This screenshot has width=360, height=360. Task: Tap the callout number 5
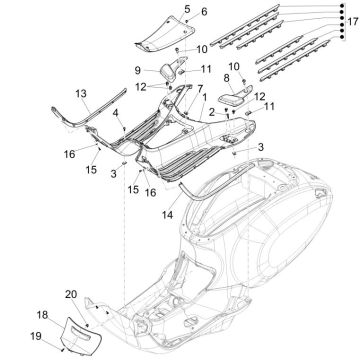185,8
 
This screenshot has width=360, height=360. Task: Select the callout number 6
205,12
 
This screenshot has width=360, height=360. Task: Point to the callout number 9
139,70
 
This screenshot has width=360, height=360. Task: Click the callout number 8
227,77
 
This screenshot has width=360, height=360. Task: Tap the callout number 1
206,98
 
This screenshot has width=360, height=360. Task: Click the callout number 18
43,314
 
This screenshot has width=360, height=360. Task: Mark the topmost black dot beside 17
340,6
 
